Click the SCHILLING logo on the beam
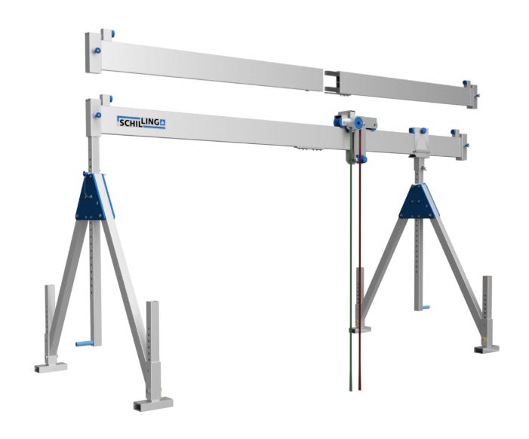141,122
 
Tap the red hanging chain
360,259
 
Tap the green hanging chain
351,259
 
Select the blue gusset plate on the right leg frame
418,201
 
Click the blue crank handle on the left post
85,343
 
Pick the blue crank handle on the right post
426,308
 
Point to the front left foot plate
153,404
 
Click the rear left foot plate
51,367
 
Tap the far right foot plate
486,349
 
